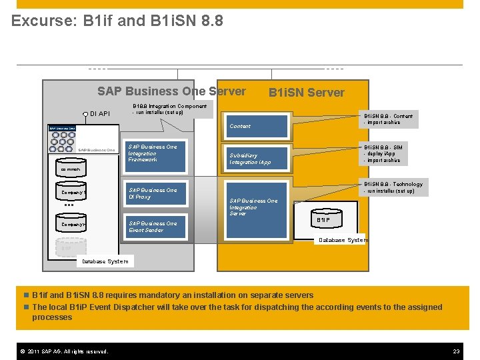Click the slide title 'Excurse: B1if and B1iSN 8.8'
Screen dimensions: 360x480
point(117,21)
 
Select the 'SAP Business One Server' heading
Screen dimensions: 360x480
point(171,91)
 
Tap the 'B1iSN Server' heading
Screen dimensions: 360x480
point(306,93)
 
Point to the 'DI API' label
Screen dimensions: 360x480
point(99,114)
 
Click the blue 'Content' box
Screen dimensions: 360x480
point(257,126)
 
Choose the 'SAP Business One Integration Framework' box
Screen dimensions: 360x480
point(154,153)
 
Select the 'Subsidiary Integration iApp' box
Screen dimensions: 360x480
point(257,159)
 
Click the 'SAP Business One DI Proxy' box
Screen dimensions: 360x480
point(154,193)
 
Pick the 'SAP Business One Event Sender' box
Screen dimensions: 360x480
point(154,227)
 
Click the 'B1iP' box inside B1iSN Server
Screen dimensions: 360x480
point(324,219)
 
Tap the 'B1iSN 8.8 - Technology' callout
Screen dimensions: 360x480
point(392,187)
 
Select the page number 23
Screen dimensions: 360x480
point(457,351)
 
